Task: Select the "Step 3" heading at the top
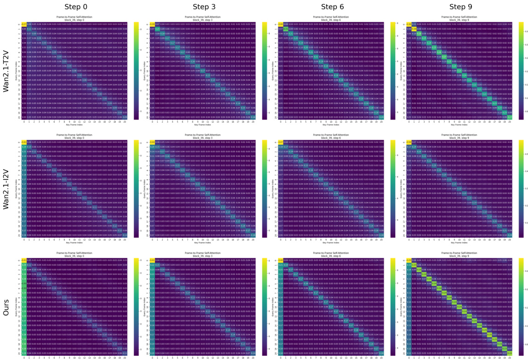tap(206, 6)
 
